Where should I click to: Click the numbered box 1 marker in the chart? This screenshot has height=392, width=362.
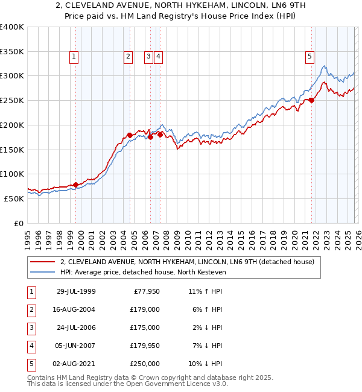pos(74,57)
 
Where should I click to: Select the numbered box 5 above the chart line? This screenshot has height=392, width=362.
pos(310,57)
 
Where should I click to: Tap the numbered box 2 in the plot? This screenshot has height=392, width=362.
pos(129,57)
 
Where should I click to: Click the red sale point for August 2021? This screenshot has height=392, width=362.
pos(312,101)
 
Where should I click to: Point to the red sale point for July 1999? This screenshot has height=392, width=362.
pos(76,185)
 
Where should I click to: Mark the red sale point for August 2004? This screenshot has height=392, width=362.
pos(130,135)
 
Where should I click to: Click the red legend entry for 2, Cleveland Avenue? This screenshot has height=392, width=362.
pos(187,262)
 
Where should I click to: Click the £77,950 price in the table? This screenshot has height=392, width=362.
pos(145,291)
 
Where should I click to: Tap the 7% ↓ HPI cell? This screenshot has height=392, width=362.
pos(206,346)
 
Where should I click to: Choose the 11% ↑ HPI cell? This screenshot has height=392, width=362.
pos(206,291)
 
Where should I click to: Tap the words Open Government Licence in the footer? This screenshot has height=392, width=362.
pos(175,383)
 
